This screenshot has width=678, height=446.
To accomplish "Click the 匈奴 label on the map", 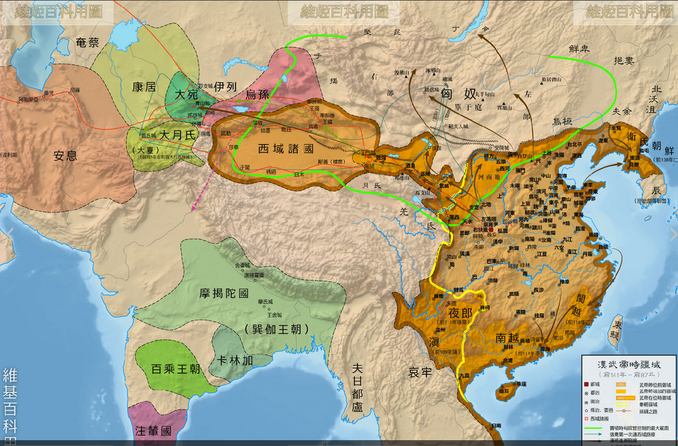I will point(458,95).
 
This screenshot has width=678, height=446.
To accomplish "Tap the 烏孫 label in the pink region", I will point(257,95).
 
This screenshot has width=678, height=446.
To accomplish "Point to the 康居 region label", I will point(144,87).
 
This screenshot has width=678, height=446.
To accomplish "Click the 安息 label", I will point(65,155).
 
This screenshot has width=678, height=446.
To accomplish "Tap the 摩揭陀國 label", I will point(224,294).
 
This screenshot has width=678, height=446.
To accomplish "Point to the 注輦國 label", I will point(153,431).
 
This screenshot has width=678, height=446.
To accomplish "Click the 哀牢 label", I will point(420,373).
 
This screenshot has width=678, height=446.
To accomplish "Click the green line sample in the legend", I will point(595,428).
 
